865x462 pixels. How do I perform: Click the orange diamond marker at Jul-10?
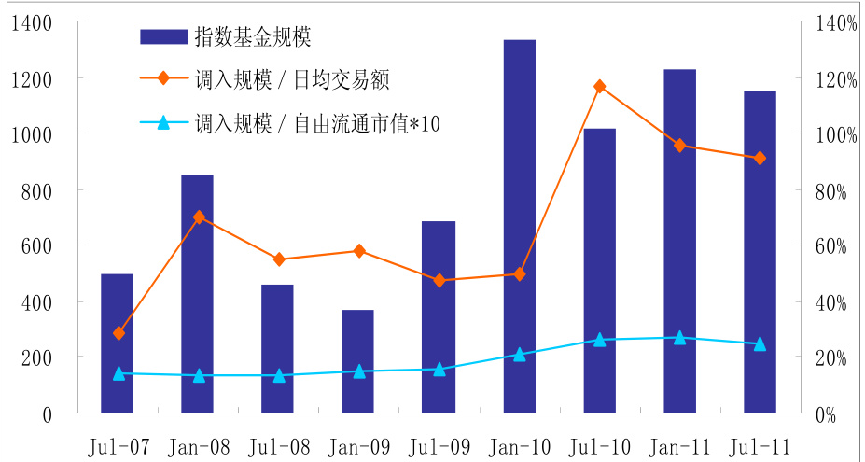pos(599,87)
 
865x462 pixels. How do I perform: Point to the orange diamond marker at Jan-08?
pos(198,217)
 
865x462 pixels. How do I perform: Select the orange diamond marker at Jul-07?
pos(119,333)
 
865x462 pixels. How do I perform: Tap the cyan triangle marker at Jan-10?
pos(519,355)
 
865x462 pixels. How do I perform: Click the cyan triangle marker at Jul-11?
pos(760,343)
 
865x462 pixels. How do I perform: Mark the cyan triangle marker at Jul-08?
pos(278,375)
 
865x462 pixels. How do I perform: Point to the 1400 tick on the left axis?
pos(34,23)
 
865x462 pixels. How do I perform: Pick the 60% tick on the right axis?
pos(829,246)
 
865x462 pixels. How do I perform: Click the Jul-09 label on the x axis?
pos(439,445)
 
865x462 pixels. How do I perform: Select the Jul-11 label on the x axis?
pos(760,445)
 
